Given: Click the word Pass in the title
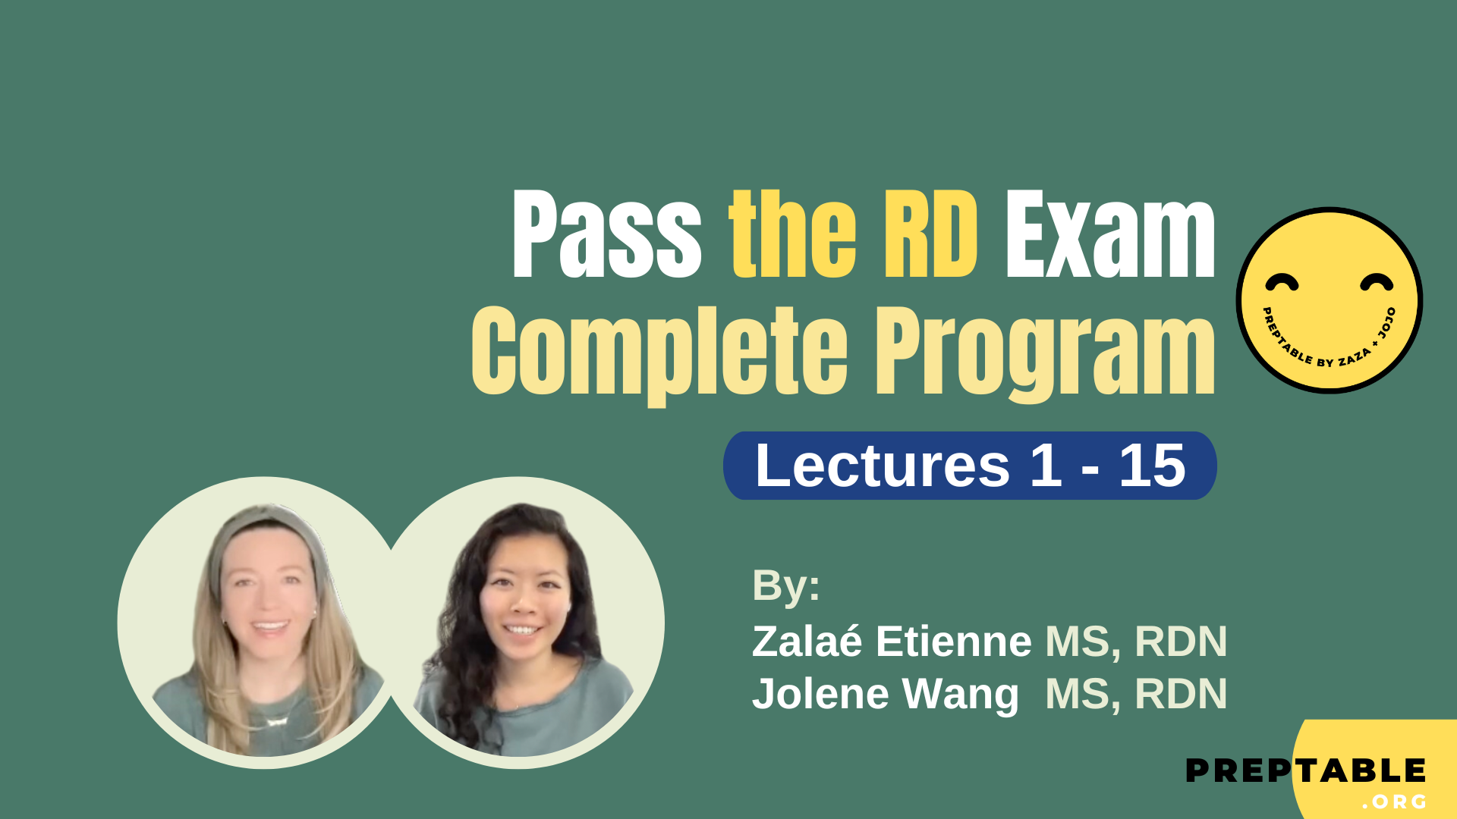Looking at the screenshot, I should pos(607,235).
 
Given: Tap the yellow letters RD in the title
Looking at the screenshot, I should pos(931,235).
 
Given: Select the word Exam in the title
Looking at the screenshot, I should pos(1109,235).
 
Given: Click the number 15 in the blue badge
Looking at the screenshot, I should pos(1152,465).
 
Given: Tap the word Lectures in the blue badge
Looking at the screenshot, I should pos(882,465).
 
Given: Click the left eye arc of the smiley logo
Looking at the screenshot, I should pos(1282,283).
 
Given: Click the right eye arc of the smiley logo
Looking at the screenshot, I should pos(1376,282).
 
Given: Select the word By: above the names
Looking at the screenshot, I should pos(785,585).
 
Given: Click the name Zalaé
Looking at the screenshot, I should pos(807,642).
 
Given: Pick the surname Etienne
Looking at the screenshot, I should pos(953,642).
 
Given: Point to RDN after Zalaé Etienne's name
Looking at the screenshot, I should pos(1181,642).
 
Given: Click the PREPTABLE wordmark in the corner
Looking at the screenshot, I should pos(1305,771).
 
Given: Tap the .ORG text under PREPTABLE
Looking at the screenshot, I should pos(1395,802).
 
